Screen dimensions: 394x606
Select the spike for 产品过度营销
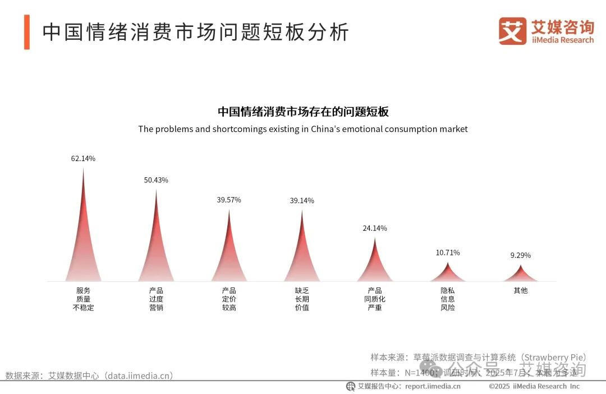[156, 253]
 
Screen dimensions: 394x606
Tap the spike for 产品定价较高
[229, 258]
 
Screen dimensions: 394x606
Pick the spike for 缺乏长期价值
[302, 258]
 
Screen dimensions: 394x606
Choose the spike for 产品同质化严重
[375, 267]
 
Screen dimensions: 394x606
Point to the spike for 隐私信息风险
[448, 274]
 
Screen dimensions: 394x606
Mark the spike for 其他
[521, 275]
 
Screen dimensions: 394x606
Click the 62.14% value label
[83, 159]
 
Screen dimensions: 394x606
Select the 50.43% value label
[156, 180]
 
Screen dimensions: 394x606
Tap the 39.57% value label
[229, 200]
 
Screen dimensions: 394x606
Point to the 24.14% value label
[375, 228]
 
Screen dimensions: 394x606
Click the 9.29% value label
[520, 255]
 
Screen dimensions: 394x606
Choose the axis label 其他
[521, 291]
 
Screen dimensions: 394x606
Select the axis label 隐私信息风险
[448, 299]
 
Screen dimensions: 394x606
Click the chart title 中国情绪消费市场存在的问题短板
[303, 111]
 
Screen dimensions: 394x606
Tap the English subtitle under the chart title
[303, 129]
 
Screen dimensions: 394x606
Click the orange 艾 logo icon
[512, 31]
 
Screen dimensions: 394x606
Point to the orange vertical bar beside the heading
[26, 32]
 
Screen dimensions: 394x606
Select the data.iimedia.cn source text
[90, 375]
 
